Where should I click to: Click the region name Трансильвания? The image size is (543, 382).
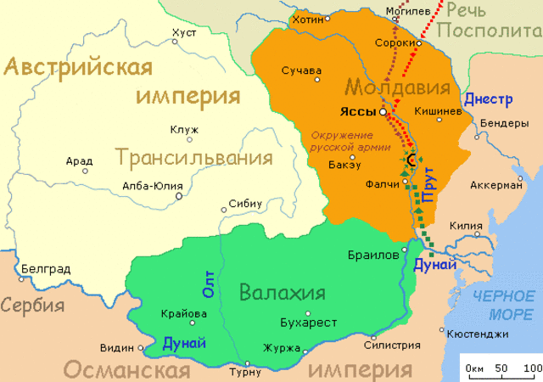pyautogui.click(x=194, y=158)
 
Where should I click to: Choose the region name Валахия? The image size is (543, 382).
pyautogui.click(x=283, y=294)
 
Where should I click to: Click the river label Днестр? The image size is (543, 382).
pyautogui.click(x=488, y=99)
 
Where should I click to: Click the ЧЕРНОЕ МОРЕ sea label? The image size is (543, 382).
pyautogui.click(x=504, y=305)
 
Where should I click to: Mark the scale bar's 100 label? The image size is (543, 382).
pyautogui.click(x=532, y=367)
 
